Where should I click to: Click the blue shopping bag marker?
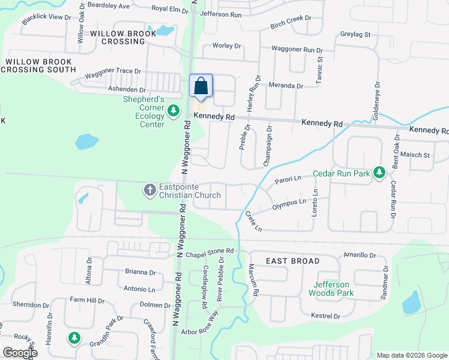[201, 86]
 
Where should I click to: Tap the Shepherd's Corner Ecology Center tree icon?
[173, 110]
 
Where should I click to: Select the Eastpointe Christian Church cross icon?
[149, 190]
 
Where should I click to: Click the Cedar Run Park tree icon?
[379, 173]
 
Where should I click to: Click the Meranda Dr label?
[286, 86]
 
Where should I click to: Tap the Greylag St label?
[356, 35]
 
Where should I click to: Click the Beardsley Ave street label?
[109, 6]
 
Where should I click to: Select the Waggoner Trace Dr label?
[113, 73]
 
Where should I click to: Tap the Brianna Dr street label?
[140, 272]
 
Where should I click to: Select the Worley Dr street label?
[227, 46]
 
